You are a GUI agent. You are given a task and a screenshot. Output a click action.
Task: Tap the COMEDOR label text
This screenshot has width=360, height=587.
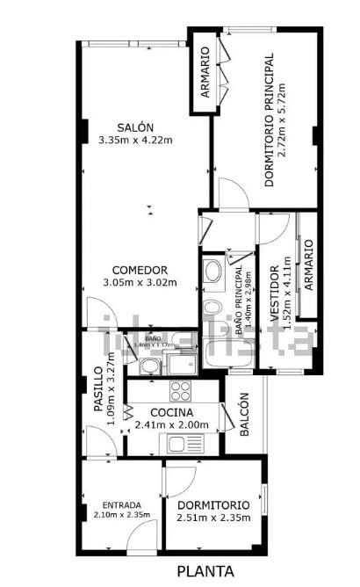[140, 269]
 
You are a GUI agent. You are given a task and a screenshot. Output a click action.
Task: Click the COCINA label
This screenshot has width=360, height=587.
[171, 412]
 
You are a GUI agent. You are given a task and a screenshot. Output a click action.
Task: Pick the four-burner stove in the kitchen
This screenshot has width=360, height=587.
[182, 389]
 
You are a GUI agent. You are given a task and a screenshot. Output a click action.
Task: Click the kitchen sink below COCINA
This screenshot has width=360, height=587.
[185, 445]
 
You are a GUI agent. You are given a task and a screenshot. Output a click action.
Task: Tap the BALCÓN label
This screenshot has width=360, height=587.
[244, 413]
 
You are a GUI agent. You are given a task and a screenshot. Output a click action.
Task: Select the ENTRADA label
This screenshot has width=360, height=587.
[121, 504]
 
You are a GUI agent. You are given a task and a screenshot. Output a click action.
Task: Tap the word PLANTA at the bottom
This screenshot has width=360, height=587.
[206, 571]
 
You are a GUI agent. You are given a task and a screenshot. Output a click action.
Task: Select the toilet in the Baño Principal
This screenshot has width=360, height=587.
[212, 308]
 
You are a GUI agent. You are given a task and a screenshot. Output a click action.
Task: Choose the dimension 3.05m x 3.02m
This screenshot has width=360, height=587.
[140, 283]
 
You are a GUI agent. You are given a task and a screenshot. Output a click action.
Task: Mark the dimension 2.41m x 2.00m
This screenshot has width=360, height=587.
[171, 425]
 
